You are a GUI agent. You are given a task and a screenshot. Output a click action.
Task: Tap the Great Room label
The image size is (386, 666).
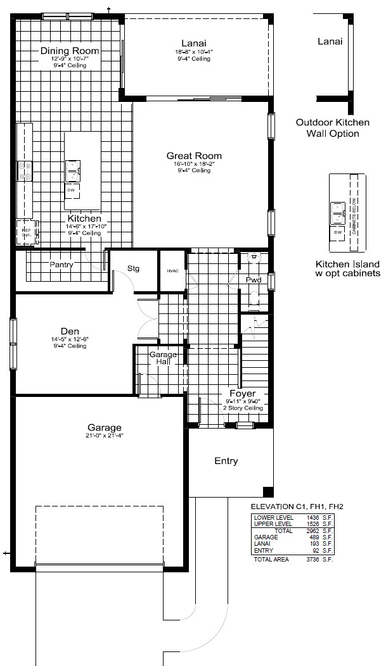click(x=194, y=156)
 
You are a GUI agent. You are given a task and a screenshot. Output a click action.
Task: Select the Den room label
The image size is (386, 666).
click(x=70, y=331)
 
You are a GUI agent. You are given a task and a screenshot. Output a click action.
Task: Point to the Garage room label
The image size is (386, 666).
click(x=105, y=427)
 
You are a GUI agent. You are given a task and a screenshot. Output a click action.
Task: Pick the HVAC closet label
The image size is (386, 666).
click(x=173, y=270)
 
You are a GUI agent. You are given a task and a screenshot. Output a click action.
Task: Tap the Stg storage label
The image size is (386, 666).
click(x=133, y=268)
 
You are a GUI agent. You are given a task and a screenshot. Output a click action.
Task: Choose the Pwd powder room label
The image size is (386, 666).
click(x=254, y=279)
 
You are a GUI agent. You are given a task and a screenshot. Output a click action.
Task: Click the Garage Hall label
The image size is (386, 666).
click(x=162, y=358)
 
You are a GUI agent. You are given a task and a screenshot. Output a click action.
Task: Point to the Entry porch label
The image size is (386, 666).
click(x=226, y=461)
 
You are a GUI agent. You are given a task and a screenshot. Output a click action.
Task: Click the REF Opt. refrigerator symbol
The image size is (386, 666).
click(x=27, y=232)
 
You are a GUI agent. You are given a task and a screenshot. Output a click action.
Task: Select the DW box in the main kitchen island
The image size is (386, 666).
click(x=71, y=189)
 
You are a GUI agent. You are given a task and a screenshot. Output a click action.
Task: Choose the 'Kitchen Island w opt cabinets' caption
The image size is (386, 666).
click(x=348, y=269)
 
